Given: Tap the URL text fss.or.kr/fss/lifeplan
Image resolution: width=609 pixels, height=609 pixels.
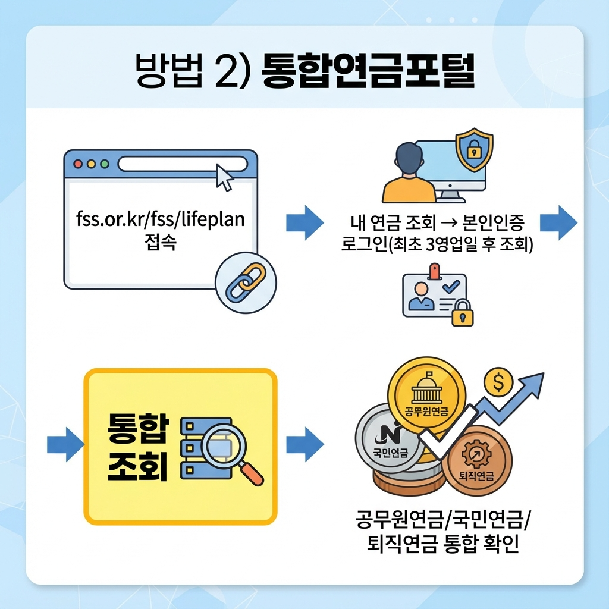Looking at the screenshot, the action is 161,219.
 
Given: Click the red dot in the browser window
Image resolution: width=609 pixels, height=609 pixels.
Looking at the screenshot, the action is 77,164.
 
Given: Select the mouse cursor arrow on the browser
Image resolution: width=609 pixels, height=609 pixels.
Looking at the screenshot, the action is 224,177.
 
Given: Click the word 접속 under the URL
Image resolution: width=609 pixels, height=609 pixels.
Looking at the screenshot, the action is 161,243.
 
